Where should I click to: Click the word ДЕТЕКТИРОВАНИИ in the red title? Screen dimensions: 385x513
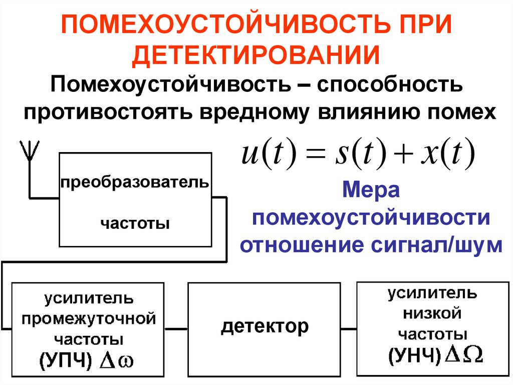point(256,54)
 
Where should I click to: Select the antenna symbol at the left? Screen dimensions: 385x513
point(29,151)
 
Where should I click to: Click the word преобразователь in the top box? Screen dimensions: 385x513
point(134,181)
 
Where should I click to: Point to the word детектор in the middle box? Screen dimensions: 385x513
point(265,327)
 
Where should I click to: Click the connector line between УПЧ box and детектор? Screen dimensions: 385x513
point(176,329)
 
